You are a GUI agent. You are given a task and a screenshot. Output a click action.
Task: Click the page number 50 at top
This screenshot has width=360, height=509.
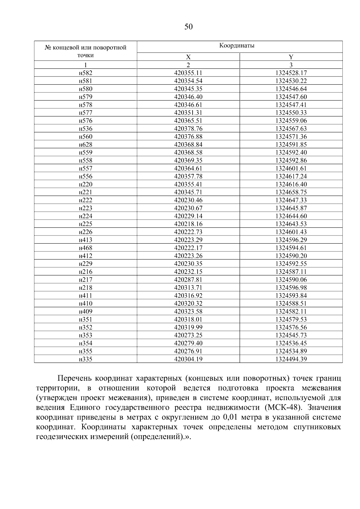click(x=188, y=27)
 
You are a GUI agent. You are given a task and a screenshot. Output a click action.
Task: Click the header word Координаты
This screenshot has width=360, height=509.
click(x=237, y=46)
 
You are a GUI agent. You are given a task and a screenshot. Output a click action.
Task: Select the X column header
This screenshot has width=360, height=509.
click(x=188, y=57)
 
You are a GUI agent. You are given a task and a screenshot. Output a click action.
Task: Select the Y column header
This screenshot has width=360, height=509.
click(x=291, y=57)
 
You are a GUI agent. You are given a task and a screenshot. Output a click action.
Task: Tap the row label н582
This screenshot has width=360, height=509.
click(x=85, y=73)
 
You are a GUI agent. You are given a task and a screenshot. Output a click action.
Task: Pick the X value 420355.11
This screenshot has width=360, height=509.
click(x=188, y=73)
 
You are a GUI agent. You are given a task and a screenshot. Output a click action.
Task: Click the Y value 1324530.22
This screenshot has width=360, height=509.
click(x=291, y=81)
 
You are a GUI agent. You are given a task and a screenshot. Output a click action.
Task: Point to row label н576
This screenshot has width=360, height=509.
click(x=85, y=121)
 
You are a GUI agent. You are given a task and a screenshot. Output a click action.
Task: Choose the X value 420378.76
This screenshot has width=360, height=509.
click(x=188, y=129)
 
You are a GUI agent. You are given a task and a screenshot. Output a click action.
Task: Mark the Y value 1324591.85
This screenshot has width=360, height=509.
click(x=291, y=145)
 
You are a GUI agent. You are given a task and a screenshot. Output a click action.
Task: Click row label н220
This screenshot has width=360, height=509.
click(x=85, y=184)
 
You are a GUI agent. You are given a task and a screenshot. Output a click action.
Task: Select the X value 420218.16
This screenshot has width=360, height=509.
click(x=188, y=224)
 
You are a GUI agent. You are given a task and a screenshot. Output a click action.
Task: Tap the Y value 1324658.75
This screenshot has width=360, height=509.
click(x=291, y=192)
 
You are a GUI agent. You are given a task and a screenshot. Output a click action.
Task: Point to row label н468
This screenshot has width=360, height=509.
click(x=85, y=248)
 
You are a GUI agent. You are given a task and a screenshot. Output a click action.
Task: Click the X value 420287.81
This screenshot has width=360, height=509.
click(x=188, y=280)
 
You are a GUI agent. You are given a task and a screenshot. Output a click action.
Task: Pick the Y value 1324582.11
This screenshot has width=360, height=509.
click(x=291, y=311)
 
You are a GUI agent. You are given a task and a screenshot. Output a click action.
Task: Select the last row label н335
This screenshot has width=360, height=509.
click(x=85, y=359)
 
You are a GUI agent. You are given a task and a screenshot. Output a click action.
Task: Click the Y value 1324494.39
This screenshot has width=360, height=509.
click(x=291, y=359)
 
